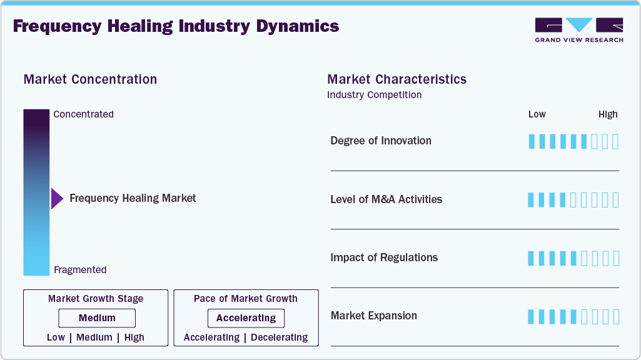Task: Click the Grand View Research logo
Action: tap(578, 29)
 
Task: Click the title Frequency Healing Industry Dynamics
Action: tap(176, 26)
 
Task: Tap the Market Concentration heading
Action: tap(90, 79)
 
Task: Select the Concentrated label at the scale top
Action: tap(83, 114)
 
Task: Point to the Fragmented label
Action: tap(80, 270)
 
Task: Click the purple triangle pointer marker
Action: tap(57, 199)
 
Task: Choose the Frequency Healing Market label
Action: tap(133, 198)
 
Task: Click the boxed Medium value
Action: tap(97, 318)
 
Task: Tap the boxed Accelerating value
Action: tap(246, 318)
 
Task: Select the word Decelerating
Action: tap(279, 337)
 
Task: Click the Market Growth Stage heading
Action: tap(96, 299)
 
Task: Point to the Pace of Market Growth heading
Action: tap(246, 299)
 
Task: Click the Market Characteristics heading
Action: tap(396, 79)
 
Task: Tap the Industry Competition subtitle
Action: tap(374, 95)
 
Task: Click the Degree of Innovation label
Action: tap(381, 141)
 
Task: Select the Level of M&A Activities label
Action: tap(386, 199)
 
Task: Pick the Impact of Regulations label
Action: tap(384, 257)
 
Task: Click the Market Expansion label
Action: tap(373, 316)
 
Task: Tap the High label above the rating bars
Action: tap(608, 114)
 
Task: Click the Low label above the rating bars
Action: tap(537, 114)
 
